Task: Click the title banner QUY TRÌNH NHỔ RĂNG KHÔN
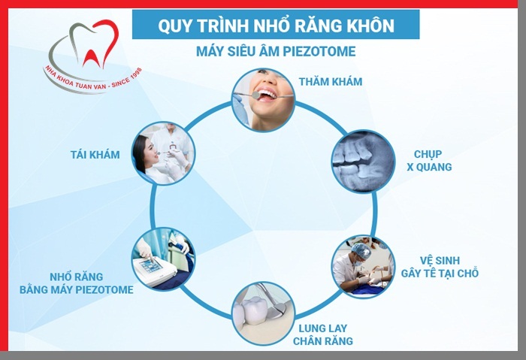[276, 25]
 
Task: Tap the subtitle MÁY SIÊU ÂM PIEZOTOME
[275, 52]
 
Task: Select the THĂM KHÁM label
[331, 81]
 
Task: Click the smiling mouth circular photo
[261, 100]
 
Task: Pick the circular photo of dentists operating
[363, 267]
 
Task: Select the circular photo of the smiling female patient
[164, 153]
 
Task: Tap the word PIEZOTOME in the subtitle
[319, 52]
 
